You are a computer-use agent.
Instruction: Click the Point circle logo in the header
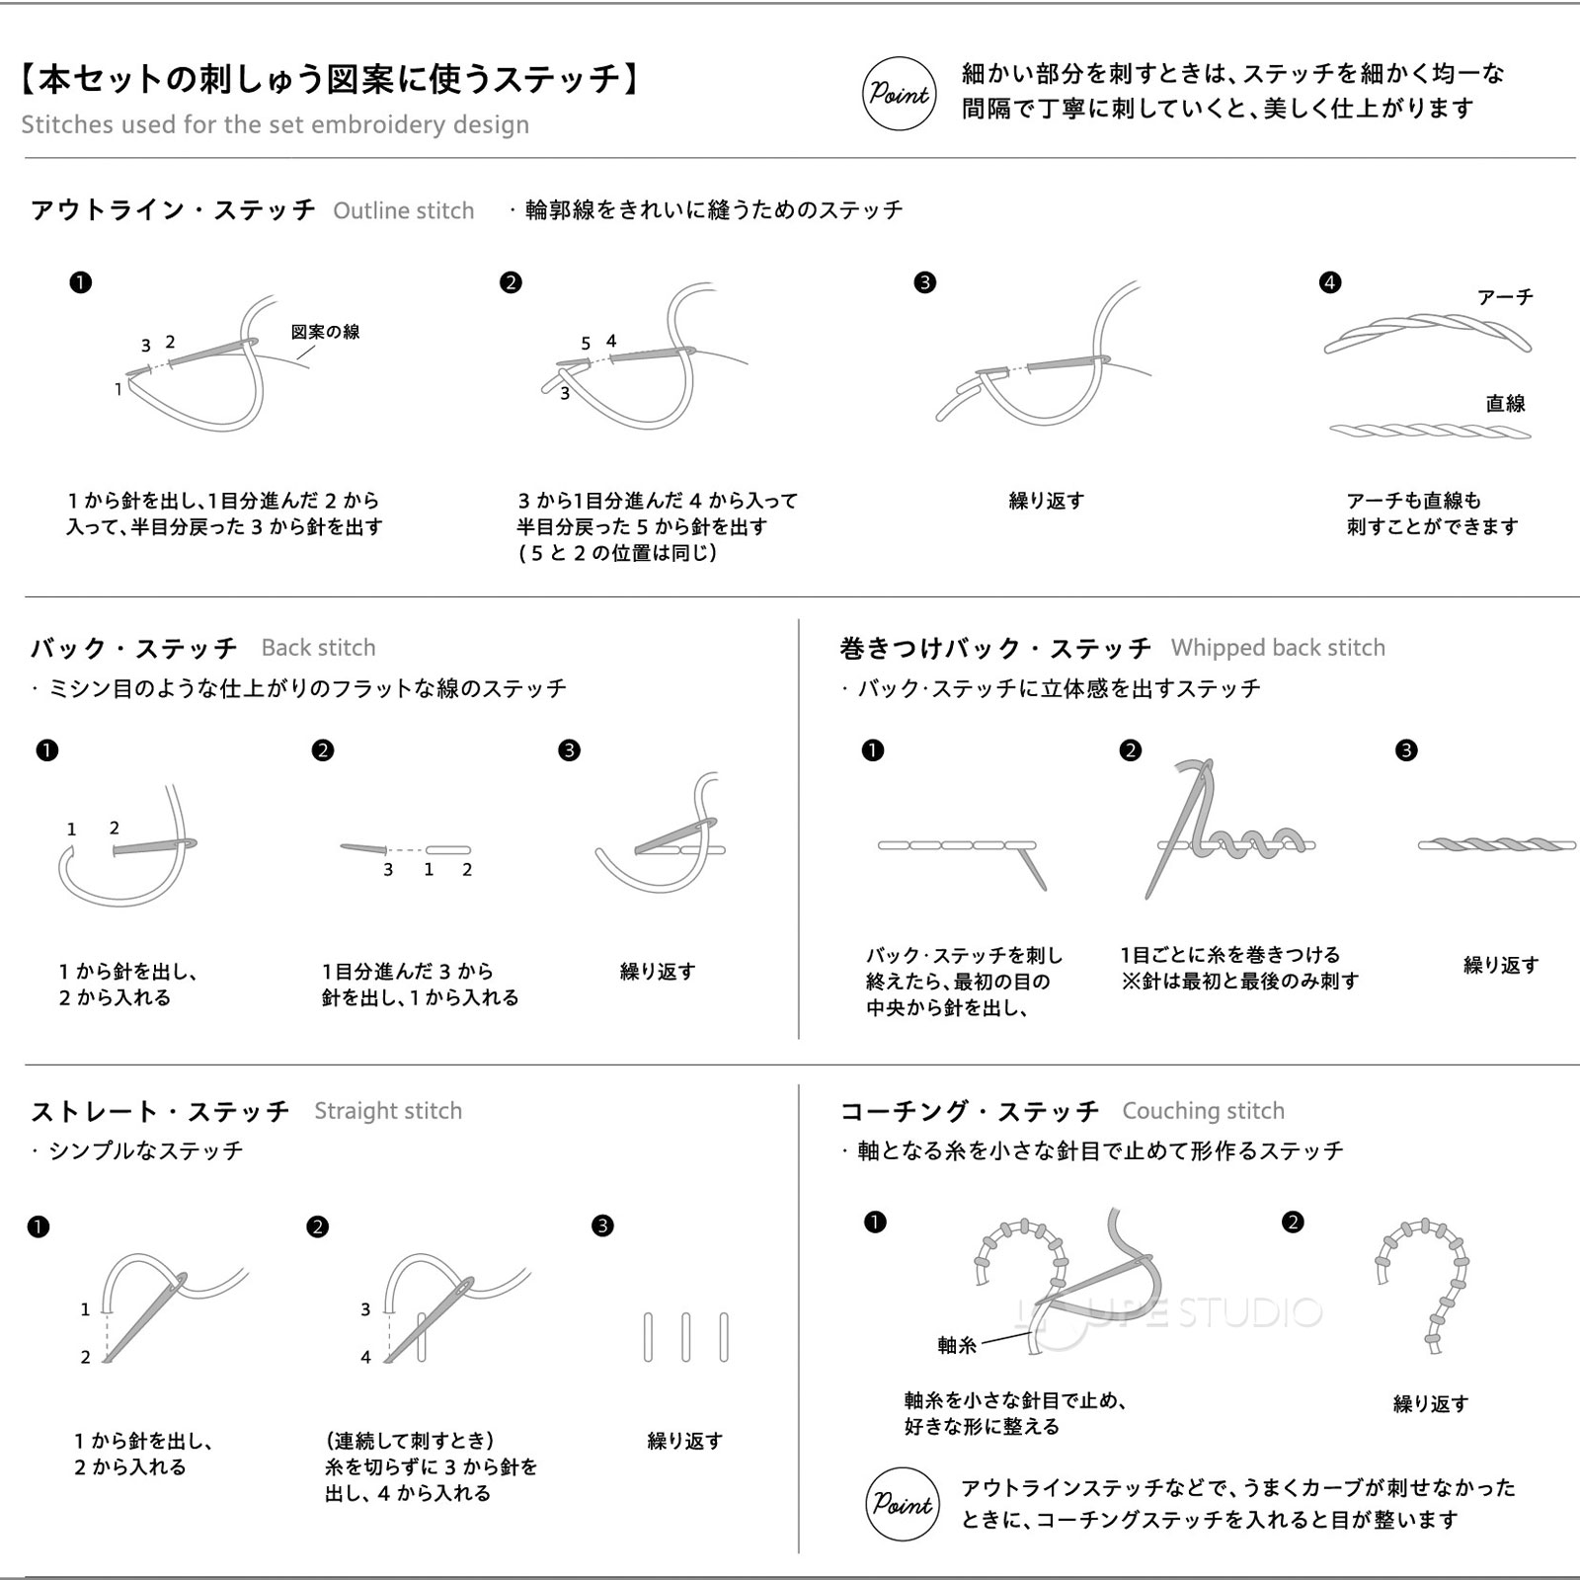899,94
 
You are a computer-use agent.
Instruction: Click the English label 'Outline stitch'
403,210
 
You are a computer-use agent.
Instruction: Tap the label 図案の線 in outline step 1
325,332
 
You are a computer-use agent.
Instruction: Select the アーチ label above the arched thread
1505,297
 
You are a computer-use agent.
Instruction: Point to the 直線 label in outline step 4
1505,403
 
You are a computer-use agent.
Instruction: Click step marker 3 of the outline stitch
924,282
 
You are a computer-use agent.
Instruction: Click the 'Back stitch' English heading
318,648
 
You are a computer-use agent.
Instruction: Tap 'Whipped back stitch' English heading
1278,648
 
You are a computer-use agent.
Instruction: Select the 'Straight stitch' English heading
387,1111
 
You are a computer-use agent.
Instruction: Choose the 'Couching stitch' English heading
1203,1111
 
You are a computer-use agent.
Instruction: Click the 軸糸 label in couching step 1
956,1345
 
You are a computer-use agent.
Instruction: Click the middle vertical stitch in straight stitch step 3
685,1338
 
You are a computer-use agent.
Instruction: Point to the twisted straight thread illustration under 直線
1429,431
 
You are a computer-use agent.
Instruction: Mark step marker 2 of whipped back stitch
1131,750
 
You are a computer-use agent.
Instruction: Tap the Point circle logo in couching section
902,1504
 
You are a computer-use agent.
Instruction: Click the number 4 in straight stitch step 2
365,1357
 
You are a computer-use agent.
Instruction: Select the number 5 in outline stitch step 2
586,344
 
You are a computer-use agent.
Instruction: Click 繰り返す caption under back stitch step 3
658,972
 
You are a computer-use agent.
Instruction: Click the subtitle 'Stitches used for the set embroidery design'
275,124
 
